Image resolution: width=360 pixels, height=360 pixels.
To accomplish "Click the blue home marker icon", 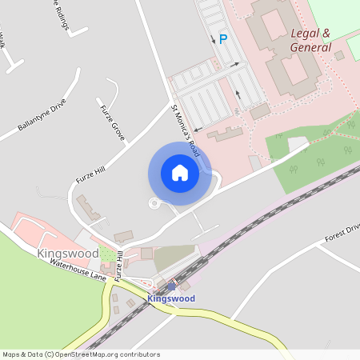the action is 180,173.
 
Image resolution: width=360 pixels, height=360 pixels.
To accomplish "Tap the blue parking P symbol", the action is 223,38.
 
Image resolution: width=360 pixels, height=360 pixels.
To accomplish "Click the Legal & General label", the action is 310,40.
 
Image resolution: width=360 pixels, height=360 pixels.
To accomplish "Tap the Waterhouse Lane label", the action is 78,270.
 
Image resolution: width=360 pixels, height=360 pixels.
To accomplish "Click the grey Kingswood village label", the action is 67,253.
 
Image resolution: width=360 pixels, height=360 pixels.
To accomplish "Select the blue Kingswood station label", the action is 171,298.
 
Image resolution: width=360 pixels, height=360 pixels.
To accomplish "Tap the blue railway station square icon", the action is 170,286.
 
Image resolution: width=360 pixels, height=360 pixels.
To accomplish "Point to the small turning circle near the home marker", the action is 154,203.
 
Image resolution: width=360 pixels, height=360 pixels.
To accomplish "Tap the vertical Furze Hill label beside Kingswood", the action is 118,266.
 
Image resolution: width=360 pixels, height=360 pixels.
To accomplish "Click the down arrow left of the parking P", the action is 212,38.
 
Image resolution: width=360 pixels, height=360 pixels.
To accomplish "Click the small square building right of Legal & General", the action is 339,55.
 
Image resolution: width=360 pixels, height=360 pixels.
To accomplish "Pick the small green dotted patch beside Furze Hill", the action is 106,254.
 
